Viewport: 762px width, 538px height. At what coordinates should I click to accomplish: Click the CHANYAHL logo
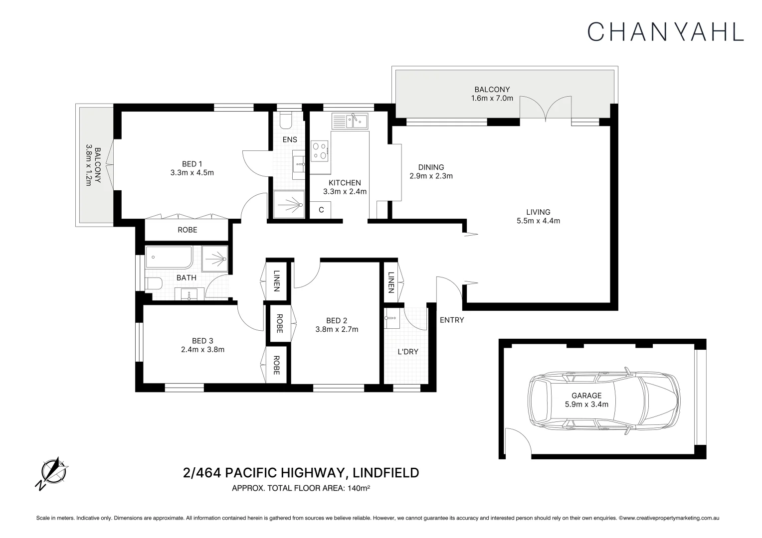(x=665, y=31)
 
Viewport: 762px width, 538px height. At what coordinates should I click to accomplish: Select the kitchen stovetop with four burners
(x=320, y=150)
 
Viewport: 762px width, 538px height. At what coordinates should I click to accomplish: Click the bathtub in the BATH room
(x=169, y=258)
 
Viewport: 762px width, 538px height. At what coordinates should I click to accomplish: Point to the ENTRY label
(x=452, y=320)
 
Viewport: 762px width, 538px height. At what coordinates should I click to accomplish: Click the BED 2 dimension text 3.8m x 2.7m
(x=337, y=329)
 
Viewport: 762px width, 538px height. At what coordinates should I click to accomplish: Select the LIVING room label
(x=538, y=212)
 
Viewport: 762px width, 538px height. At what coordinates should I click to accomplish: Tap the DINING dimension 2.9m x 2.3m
(x=431, y=176)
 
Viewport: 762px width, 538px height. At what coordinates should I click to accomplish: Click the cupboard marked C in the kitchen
(x=321, y=210)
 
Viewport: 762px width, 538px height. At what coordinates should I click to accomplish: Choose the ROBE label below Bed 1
(x=187, y=230)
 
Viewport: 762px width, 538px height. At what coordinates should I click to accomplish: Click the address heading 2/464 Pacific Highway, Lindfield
(x=301, y=472)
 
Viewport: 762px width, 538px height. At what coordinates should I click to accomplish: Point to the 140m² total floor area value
(x=358, y=489)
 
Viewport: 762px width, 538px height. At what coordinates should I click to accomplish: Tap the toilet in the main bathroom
(x=155, y=284)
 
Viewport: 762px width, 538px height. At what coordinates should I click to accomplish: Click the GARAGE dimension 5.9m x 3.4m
(x=586, y=404)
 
